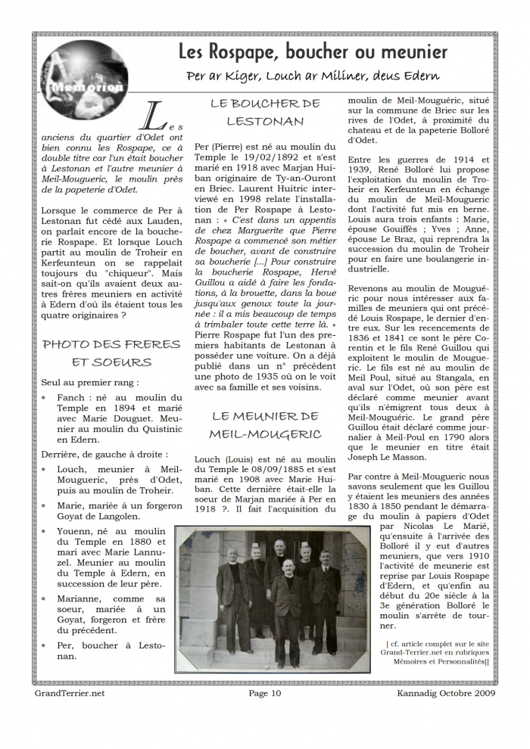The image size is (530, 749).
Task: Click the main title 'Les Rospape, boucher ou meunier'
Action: (x=313, y=52)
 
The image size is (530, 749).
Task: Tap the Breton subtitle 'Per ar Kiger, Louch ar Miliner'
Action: (x=313, y=76)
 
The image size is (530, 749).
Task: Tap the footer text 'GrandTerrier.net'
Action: (x=70, y=692)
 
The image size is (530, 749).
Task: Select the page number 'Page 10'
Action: (x=265, y=692)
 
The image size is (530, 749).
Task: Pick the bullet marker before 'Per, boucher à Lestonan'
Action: (x=43, y=645)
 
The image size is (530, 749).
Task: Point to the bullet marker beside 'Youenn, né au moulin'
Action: (x=43, y=531)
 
